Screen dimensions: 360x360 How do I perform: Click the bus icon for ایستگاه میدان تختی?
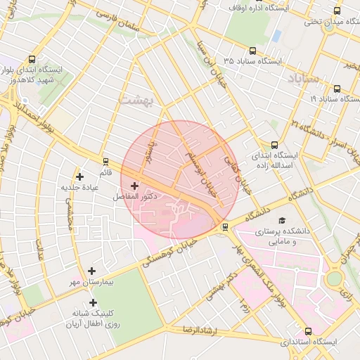pos(337,11)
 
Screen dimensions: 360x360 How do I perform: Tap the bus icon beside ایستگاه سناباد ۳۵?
pos(252,51)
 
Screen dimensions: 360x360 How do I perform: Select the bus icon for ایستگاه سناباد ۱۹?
pos(337,89)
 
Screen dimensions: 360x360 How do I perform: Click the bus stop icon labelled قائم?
pos(105,161)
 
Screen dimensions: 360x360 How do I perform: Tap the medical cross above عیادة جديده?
pos(79,176)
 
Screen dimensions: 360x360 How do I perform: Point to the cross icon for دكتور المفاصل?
pos(134,186)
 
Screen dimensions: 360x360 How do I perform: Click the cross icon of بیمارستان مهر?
pos(91,270)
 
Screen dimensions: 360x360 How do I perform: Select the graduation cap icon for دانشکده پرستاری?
pos(282,220)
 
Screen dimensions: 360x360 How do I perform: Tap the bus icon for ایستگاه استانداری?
pos(308,331)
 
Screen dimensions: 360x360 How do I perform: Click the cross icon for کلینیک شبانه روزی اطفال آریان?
pos(93,302)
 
